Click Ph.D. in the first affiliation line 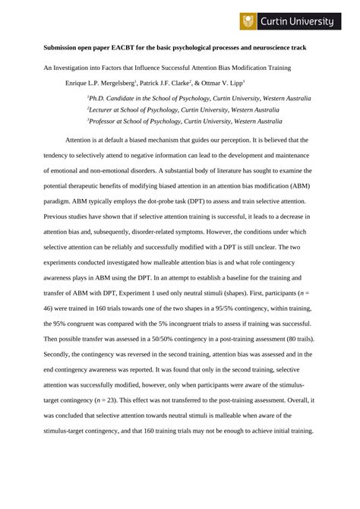[98, 97]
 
